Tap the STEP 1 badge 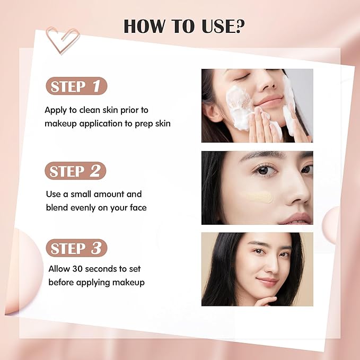click(x=76, y=87)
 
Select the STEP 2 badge click(x=76, y=171)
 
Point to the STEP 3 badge click(x=76, y=248)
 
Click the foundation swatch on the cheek click(x=256, y=197)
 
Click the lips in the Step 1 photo click(x=271, y=102)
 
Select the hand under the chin click(x=266, y=301)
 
